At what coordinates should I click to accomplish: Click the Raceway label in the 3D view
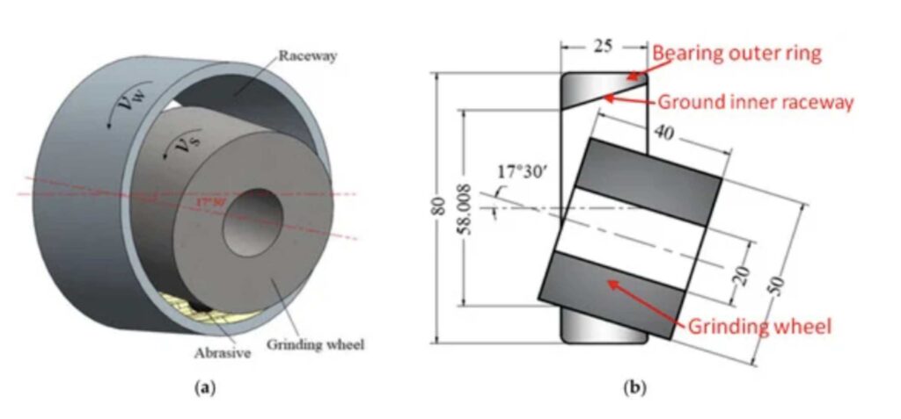click(x=307, y=56)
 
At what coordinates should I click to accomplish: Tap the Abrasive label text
click(x=223, y=353)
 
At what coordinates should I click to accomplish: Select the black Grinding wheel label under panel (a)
click(x=316, y=345)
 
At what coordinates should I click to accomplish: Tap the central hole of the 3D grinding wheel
click(x=253, y=222)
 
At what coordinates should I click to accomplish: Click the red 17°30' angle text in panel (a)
click(x=210, y=203)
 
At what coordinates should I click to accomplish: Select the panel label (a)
click(x=205, y=388)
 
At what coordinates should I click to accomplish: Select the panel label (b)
click(x=635, y=388)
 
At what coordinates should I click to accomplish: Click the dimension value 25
click(x=603, y=46)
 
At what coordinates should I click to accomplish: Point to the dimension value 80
click(x=438, y=208)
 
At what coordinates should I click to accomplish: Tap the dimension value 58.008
click(x=466, y=209)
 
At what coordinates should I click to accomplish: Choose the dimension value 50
click(x=776, y=285)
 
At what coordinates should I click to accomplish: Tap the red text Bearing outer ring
click(x=737, y=54)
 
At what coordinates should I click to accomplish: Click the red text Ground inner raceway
click(x=756, y=103)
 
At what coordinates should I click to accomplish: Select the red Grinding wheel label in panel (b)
click(x=759, y=327)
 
